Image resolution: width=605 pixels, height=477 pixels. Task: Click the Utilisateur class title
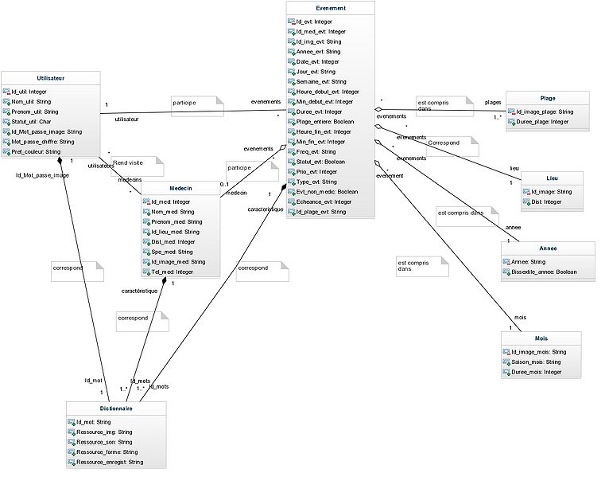pyautogui.click(x=51, y=78)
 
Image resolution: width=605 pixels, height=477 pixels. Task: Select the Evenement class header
pyautogui.click(x=330, y=8)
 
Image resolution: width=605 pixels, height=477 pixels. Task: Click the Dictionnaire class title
pyautogui.click(x=115, y=409)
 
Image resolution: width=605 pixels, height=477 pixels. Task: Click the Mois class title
pyautogui.click(x=541, y=338)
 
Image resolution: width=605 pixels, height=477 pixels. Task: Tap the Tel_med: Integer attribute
pyautogui.click(x=172, y=272)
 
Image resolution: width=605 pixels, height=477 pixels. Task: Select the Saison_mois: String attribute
pyautogui.click(x=537, y=362)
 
